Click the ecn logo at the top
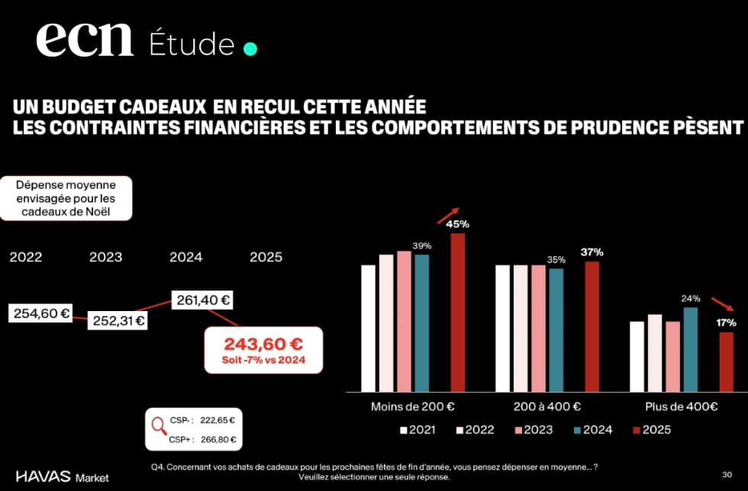tap(84, 40)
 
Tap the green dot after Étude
tap(250, 49)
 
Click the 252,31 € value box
tap(118, 320)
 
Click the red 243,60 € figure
tap(263, 344)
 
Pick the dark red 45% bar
tap(457, 313)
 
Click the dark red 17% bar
tap(726, 361)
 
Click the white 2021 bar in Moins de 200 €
tap(369, 328)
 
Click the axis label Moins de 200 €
tap(408, 406)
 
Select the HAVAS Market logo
tap(62, 477)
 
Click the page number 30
tap(726, 472)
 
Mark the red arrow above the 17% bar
tap(722, 303)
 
